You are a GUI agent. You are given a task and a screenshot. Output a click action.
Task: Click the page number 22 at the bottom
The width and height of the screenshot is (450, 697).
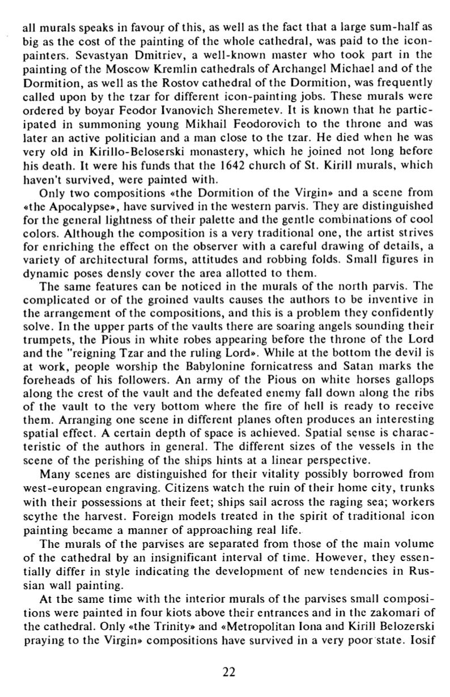tap(229, 673)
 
